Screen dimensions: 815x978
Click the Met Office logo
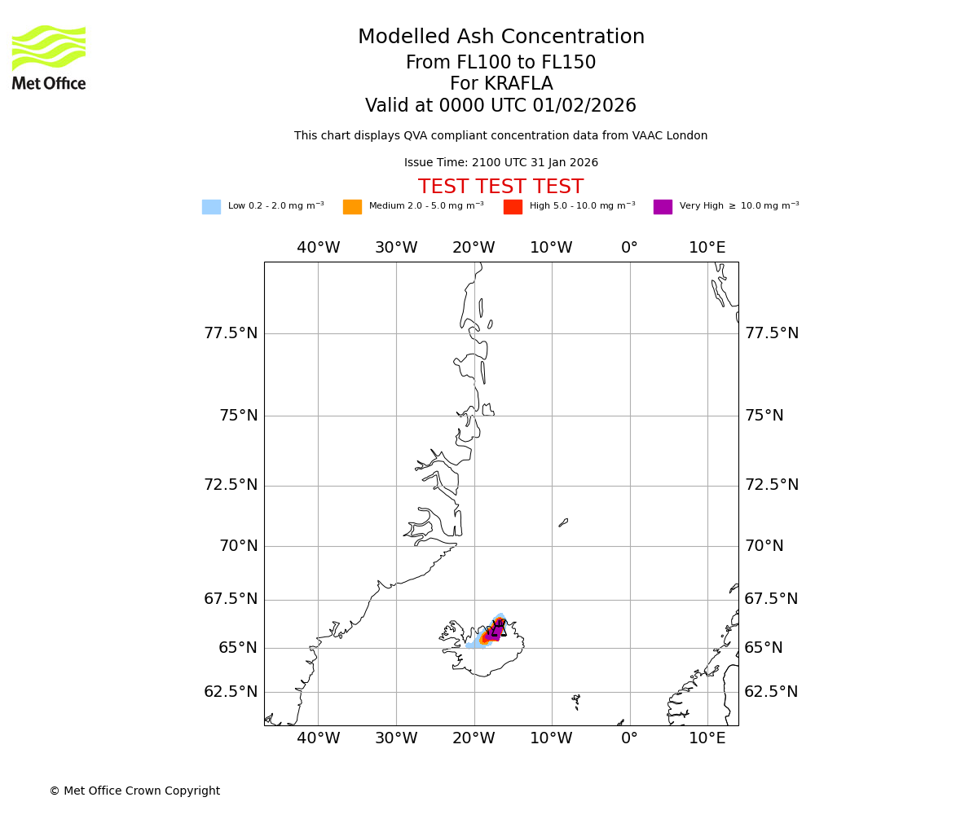point(49,57)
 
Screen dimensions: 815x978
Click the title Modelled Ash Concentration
point(500,37)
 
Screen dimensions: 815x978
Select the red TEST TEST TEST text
point(500,187)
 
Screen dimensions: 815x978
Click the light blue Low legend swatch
point(211,207)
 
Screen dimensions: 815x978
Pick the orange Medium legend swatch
point(352,207)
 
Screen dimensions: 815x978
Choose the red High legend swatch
point(513,207)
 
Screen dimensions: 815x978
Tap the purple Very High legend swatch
point(663,207)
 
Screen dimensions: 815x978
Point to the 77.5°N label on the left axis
point(231,333)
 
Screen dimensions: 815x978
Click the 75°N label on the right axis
point(764,416)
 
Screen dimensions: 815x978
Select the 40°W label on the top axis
point(318,248)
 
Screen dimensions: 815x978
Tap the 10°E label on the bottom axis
point(707,738)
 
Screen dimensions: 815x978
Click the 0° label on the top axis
point(629,248)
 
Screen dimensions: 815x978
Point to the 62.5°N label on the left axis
point(231,692)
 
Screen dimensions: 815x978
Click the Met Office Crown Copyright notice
point(134,791)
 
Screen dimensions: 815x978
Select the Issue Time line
point(500,163)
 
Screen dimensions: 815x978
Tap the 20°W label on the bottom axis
point(474,738)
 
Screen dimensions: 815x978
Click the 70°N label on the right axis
point(764,546)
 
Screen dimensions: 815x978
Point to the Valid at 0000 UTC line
point(500,106)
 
